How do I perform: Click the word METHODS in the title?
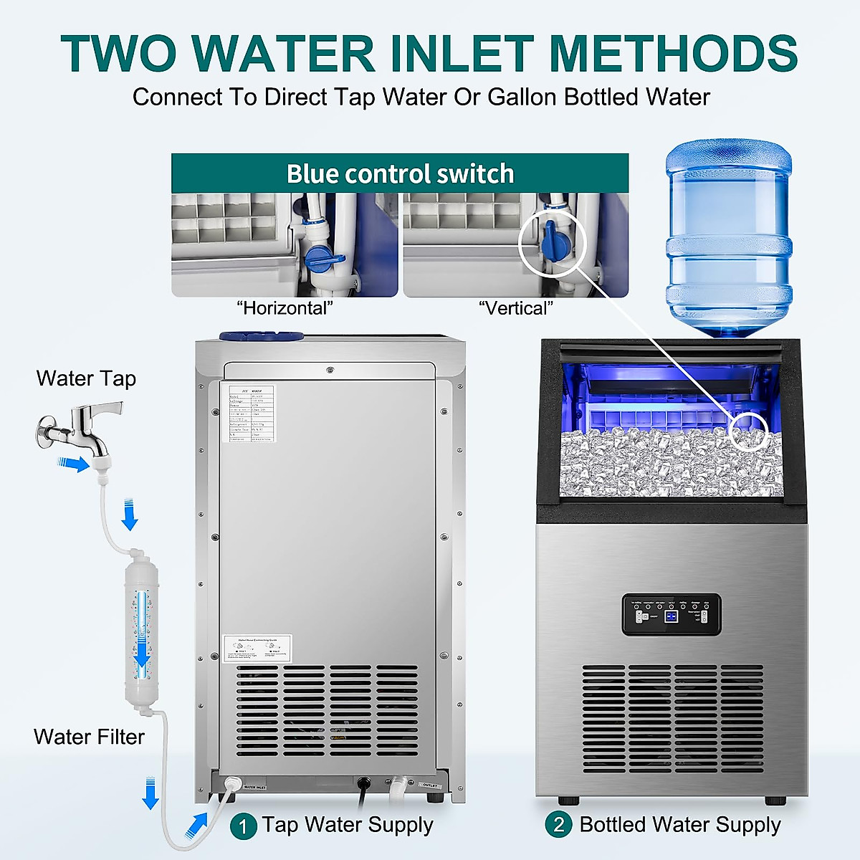click(672, 54)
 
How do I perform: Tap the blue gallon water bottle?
click(729, 236)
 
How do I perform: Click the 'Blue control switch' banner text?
click(400, 173)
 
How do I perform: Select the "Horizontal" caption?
click(285, 308)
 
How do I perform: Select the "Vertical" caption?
click(516, 308)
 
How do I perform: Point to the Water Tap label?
click(86, 378)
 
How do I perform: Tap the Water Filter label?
click(89, 737)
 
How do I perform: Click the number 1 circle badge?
click(243, 826)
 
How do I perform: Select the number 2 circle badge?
click(559, 825)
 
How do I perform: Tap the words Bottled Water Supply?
click(679, 825)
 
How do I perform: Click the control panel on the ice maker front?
click(671, 615)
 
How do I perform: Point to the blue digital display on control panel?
click(672, 616)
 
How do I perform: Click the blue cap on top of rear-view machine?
click(261, 335)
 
